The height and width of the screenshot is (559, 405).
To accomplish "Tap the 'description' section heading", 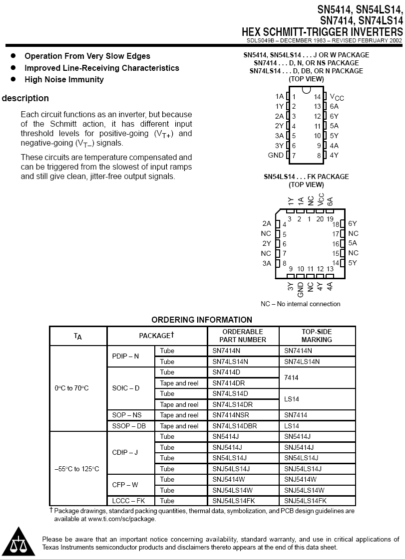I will [x=25, y=98].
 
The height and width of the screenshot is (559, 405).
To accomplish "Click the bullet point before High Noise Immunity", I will [x=13, y=79].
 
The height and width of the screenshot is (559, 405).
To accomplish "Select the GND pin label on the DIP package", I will [x=276, y=156].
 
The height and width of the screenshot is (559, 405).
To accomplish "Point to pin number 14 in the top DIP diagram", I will [x=317, y=97].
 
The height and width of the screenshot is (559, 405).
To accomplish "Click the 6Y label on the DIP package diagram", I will [x=334, y=116].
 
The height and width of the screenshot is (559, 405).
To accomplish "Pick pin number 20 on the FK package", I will [x=320, y=218].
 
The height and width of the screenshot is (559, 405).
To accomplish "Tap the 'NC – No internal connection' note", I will [x=301, y=304].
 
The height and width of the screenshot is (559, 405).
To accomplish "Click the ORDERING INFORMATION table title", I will [x=202, y=320].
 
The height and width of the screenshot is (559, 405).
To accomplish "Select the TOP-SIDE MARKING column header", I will [x=317, y=336].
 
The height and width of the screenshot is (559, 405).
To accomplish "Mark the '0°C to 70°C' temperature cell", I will [x=72, y=388].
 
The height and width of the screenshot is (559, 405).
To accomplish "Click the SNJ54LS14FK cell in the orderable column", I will [x=234, y=501].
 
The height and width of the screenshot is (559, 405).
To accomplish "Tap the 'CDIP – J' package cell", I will [x=125, y=452].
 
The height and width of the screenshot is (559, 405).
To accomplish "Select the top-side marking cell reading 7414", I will [x=292, y=378].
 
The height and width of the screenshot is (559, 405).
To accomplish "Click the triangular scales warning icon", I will [x=18, y=542].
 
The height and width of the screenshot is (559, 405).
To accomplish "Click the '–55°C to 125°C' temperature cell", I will [x=77, y=469].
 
